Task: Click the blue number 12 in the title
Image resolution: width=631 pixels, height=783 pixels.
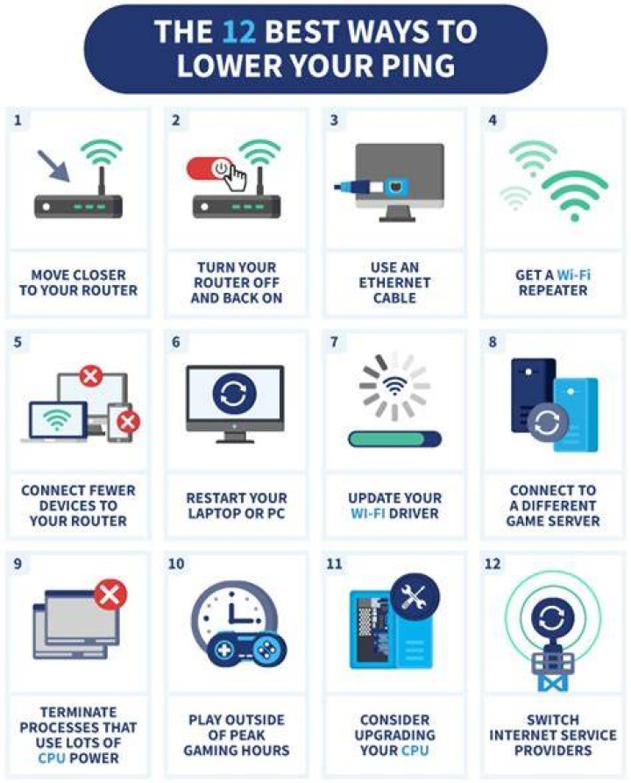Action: [x=239, y=32]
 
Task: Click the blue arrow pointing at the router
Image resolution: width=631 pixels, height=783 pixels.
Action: [x=53, y=166]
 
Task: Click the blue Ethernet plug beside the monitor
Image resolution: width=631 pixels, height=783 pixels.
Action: [x=357, y=188]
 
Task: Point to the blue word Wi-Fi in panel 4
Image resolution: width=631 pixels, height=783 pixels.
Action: [x=573, y=274]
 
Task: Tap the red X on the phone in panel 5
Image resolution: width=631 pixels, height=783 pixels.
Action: [x=128, y=422]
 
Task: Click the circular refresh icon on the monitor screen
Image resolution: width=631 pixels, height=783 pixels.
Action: [x=235, y=393]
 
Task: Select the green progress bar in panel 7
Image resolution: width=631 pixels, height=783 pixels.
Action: [x=394, y=439]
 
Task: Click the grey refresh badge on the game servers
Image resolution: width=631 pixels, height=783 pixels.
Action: [x=548, y=424]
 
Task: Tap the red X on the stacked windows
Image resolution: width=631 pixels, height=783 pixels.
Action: [x=110, y=594]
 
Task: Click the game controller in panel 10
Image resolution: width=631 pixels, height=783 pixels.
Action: [x=246, y=648]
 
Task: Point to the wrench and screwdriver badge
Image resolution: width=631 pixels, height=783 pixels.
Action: [x=415, y=596]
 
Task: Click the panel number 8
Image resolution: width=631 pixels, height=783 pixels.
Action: [x=493, y=342]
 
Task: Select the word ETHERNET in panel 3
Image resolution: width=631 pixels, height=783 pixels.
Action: [x=394, y=282]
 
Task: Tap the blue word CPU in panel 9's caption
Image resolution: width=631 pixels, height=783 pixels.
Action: [x=52, y=758]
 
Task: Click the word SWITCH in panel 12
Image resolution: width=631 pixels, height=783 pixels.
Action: [x=553, y=720]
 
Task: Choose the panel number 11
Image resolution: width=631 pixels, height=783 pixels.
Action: [x=334, y=564]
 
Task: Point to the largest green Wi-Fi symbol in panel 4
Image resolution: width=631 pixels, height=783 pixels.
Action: [x=575, y=196]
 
